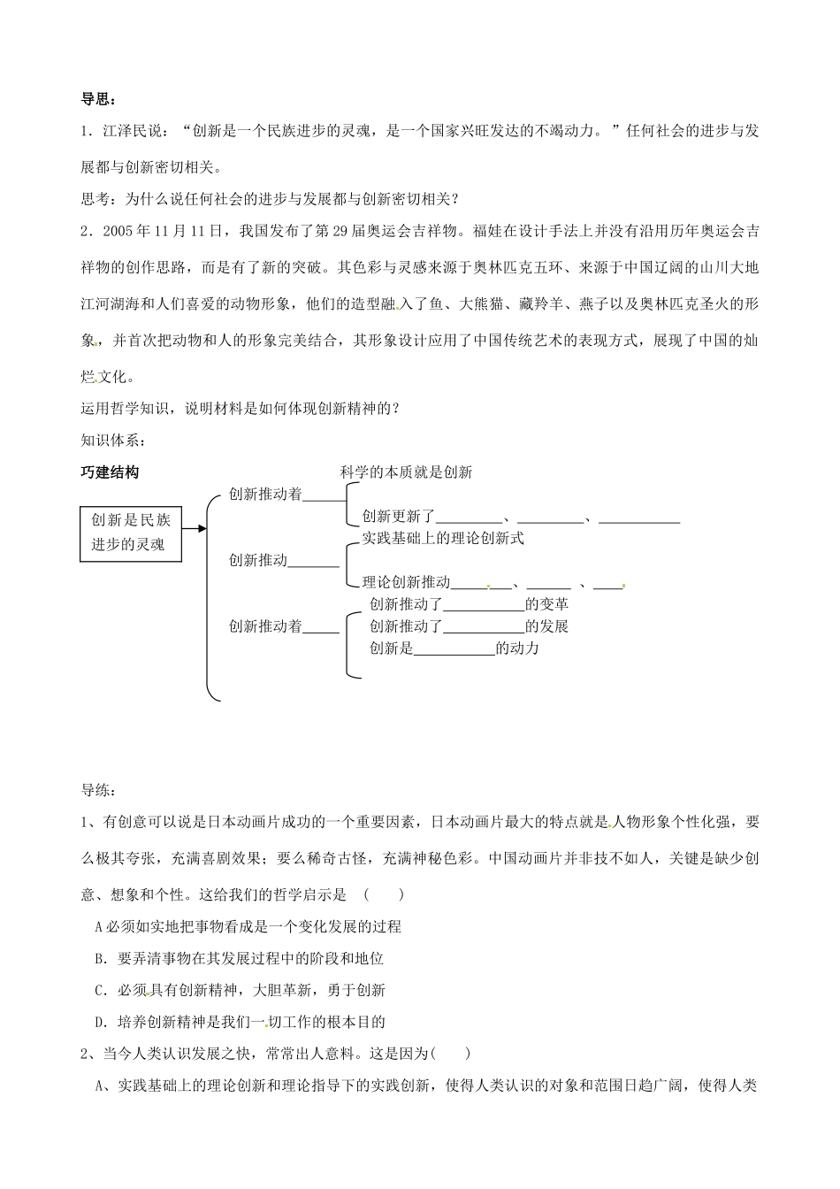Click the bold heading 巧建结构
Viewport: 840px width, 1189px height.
110,472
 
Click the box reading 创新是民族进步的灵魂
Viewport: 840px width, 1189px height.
131,532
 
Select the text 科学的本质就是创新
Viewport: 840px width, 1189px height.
406,472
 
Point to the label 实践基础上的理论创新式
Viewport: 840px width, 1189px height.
443,538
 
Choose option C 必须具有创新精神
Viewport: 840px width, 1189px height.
239,990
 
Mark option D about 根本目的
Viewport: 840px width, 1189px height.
239,1022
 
